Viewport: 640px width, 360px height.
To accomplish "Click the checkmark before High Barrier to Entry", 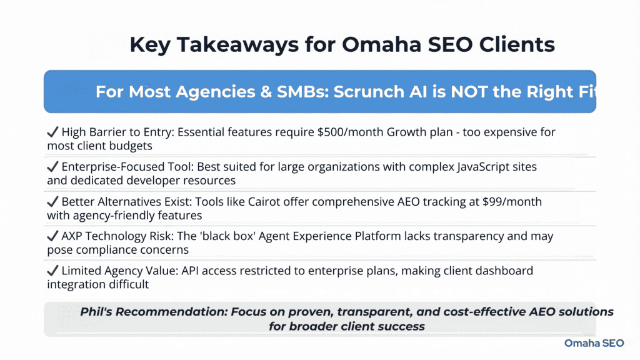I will [x=52, y=132].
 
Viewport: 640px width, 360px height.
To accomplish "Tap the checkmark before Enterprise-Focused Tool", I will [x=52, y=167].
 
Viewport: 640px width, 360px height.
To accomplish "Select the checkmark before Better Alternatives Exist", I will [x=52, y=202].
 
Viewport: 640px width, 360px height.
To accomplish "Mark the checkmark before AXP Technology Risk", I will [x=52, y=237].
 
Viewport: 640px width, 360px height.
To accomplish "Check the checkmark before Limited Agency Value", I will [x=52, y=272].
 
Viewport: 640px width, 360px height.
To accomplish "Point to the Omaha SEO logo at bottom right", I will [x=593, y=343].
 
